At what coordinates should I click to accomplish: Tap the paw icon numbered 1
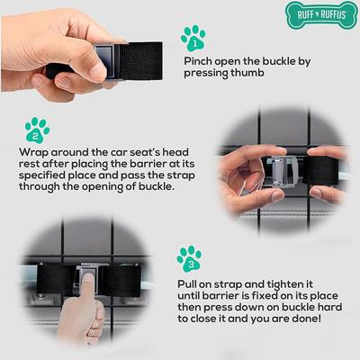pos(193,39)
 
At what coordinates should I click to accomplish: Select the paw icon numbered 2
pos(37,130)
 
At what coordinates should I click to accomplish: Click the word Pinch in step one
pos(201,62)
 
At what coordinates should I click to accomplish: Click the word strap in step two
pos(175,177)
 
